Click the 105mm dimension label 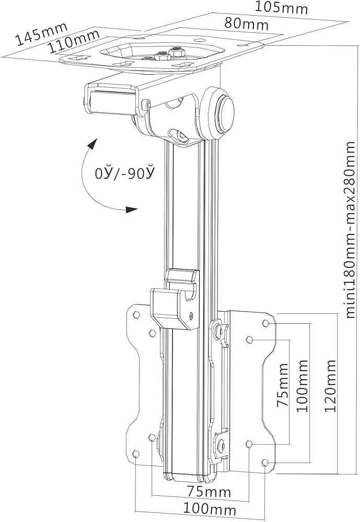281,8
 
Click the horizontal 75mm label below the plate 209,492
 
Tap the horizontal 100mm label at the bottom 209,509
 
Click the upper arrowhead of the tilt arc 92,144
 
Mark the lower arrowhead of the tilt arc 131,210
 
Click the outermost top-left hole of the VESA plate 136,315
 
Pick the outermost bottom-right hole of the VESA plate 265,462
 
